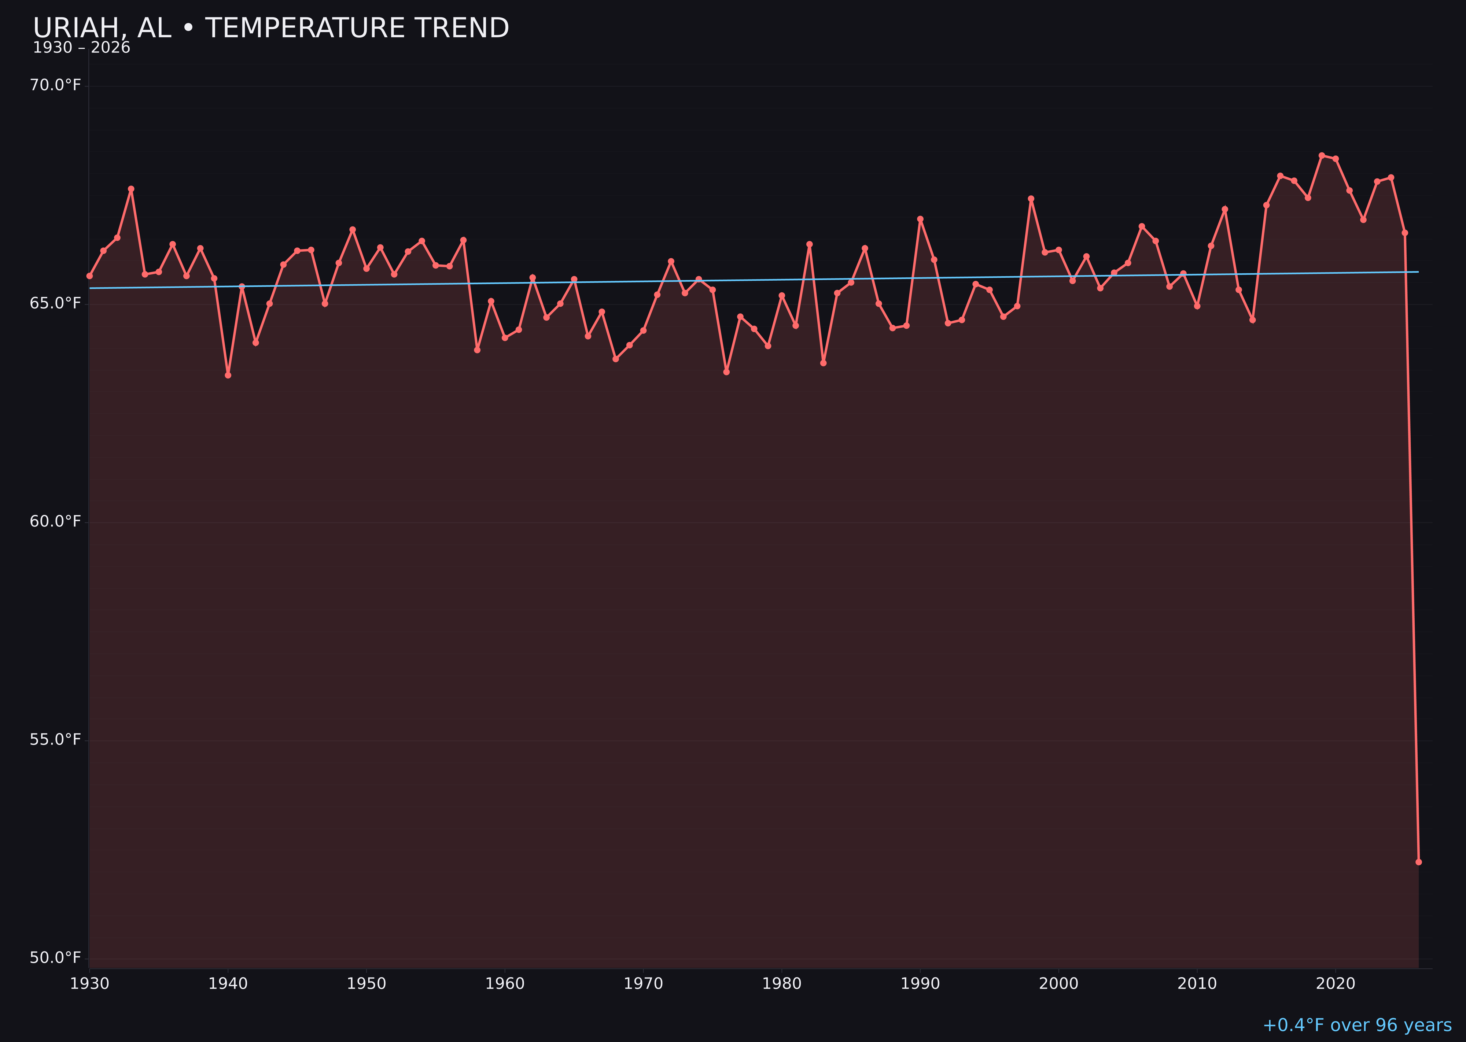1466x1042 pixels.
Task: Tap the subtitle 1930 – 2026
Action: pos(81,48)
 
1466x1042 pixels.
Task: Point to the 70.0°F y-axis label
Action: pos(55,85)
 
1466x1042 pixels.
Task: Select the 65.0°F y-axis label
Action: pos(55,303)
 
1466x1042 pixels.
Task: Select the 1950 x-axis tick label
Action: pos(366,984)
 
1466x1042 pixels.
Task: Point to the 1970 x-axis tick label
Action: pos(643,984)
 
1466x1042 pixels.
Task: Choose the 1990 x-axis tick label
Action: pos(920,984)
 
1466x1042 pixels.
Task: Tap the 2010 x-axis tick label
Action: pos(1197,984)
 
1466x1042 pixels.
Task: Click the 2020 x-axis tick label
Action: pos(1335,984)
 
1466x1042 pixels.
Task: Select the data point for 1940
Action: pos(228,375)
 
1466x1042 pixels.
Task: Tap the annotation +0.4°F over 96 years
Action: pos(1357,1025)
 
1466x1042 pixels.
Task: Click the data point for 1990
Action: pos(920,219)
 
